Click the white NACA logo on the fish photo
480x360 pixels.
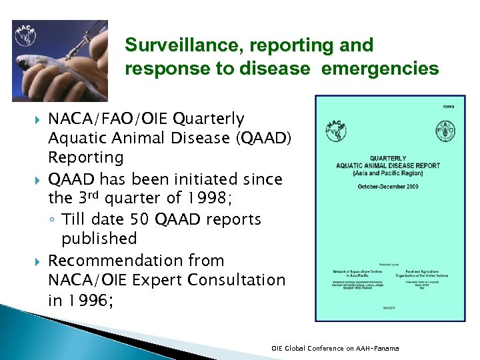point(27,35)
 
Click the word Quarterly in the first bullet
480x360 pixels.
point(209,119)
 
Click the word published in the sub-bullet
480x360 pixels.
point(99,239)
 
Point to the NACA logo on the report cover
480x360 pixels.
point(337,130)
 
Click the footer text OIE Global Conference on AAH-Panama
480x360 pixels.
point(335,348)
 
